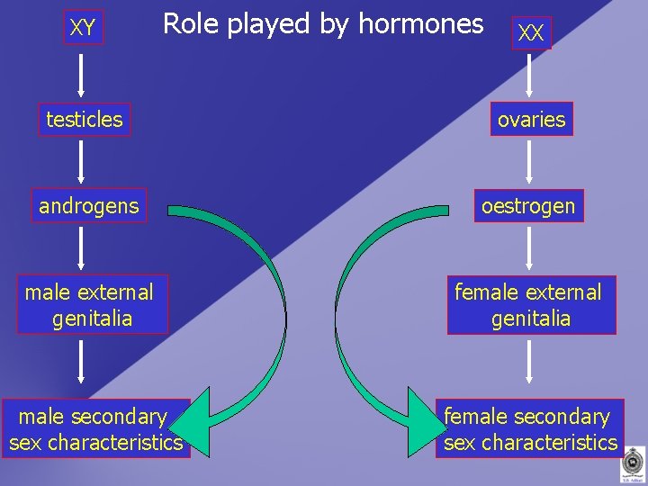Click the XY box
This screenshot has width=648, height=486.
[83, 28]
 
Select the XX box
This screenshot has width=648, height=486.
[531, 33]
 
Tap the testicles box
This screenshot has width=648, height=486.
[85, 119]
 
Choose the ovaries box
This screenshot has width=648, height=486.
[531, 119]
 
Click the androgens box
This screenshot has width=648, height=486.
[89, 206]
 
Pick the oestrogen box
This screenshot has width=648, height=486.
[528, 206]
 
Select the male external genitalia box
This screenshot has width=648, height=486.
[90, 305]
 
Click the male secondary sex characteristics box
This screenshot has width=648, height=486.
[95, 429]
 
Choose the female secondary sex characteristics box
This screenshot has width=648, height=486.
[531, 429]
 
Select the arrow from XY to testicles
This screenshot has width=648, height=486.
[82, 75]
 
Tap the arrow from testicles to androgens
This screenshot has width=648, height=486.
[82, 163]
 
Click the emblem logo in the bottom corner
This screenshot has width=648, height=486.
[632, 465]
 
